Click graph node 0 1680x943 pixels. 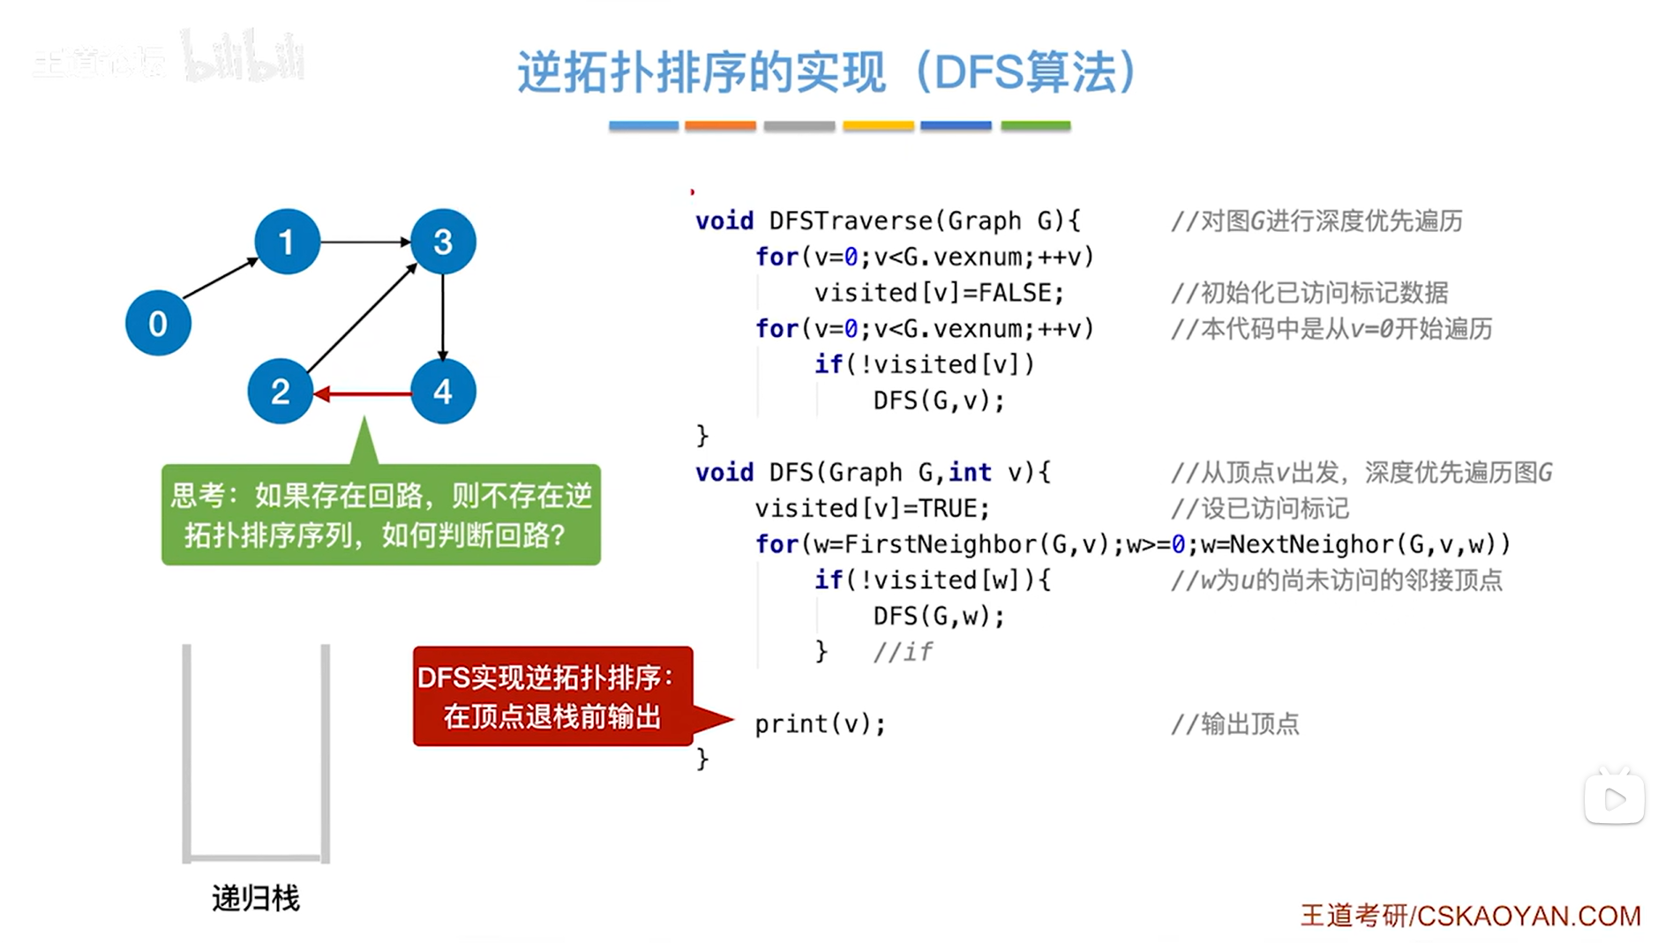click(158, 323)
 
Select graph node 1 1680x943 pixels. click(287, 242)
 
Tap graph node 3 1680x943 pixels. click(443, 242)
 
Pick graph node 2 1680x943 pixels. click(281, 391)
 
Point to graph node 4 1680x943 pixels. click(443, 391)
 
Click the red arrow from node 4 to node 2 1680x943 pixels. click(363, 393)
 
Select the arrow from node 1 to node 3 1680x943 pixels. click(364, 241)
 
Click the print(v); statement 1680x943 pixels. click(820, 724)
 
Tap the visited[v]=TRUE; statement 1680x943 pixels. click(872, 508)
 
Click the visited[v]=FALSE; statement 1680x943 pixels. click(939, 293)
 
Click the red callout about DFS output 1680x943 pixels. click(552, 696)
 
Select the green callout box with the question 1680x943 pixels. click(381, 514)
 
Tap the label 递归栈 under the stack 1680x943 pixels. click(256, 898)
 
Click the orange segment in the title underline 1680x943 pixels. click(720, 126)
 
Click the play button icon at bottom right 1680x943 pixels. click(1614, 799)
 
